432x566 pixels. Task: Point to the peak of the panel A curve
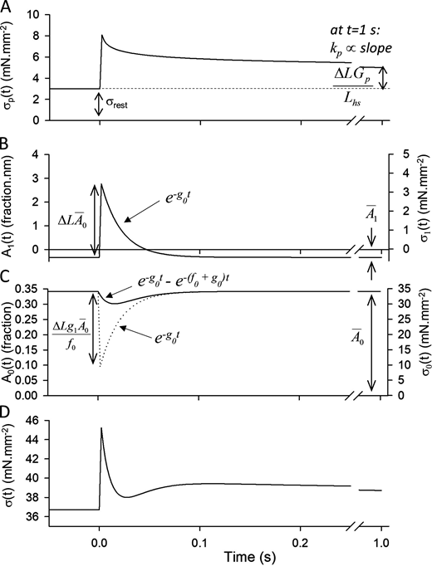101,36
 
